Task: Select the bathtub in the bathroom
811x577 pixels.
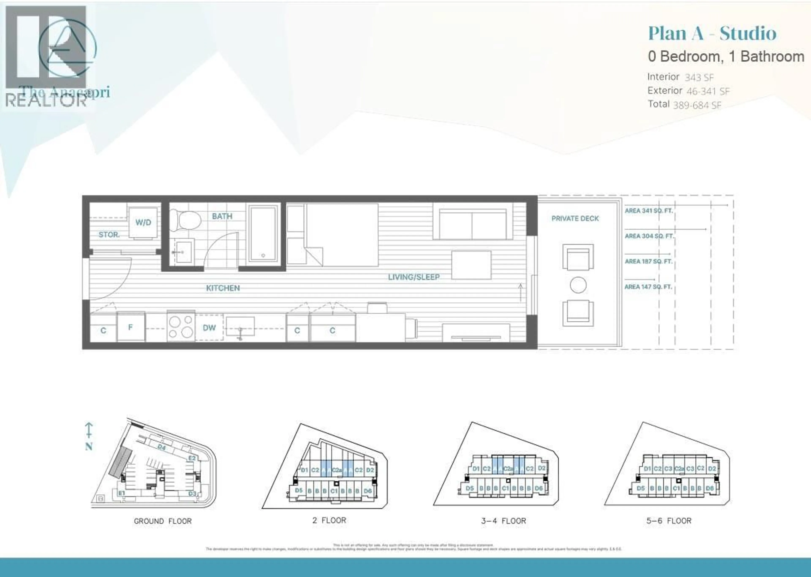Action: coord(263,233)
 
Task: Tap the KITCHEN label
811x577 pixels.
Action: coord(223,288)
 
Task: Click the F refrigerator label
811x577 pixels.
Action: coord(131,327)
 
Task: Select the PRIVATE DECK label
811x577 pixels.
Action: coord(575,218)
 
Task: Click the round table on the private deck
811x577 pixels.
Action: coord(578,285)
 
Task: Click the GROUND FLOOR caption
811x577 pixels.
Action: coord(162,521)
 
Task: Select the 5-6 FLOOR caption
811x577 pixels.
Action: coord(669,521)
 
